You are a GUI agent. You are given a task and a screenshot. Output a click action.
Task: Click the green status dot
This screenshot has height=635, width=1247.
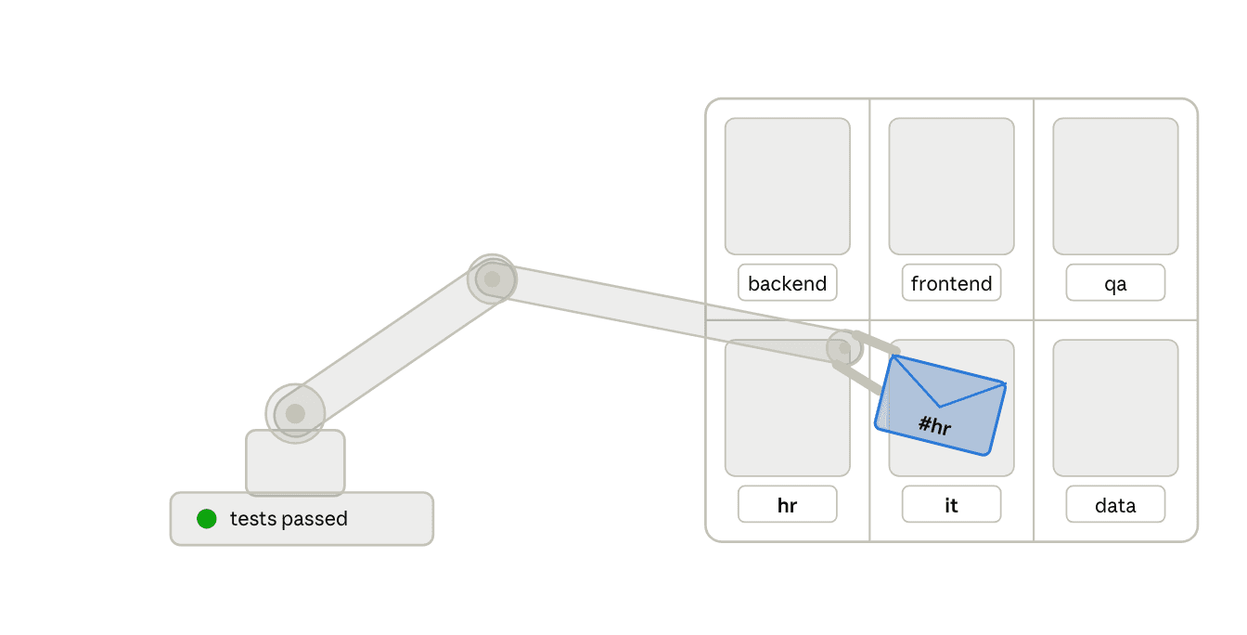coord(207,519)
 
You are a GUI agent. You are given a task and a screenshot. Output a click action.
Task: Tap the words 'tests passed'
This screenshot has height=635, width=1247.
coord(289,519)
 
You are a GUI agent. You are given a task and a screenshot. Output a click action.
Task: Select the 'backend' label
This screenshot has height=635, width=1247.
coord(787,283)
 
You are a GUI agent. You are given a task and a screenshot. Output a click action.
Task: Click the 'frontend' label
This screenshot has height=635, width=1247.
coord(951,283)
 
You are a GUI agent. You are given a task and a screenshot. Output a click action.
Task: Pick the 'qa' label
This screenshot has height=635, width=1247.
coord(1115,283)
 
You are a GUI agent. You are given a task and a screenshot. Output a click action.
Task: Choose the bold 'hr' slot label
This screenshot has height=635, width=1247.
coord(787,505)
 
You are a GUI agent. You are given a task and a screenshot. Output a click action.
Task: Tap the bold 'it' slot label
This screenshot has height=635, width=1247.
coord(951,505)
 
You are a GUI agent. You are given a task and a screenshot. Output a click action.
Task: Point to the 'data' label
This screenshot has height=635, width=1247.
coord(1115,505)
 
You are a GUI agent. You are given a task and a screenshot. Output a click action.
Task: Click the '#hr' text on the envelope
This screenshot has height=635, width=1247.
coord(934,425)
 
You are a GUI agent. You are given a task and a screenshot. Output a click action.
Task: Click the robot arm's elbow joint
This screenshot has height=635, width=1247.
coord(492,279)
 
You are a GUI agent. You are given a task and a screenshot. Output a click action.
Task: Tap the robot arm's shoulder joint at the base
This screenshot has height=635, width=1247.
coord(295,414)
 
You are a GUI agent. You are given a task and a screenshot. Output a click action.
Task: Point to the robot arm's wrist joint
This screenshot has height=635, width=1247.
coord(844,348)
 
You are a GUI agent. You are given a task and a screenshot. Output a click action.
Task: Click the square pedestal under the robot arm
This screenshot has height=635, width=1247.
coord(295,462)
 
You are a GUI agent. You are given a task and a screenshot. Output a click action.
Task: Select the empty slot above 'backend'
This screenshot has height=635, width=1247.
coord(787,186)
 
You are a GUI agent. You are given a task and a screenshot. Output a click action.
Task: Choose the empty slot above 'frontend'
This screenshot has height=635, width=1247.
coord(951,186)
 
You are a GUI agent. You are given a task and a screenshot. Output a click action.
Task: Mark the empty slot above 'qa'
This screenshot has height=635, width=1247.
coord(1115,186)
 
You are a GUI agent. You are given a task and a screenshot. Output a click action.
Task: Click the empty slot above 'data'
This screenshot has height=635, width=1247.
coord(1115,408)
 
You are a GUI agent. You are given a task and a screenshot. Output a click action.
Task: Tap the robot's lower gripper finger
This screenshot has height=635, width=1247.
coord(858,378)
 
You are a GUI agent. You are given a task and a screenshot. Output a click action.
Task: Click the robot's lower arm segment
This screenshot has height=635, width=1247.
coord(393,346)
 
